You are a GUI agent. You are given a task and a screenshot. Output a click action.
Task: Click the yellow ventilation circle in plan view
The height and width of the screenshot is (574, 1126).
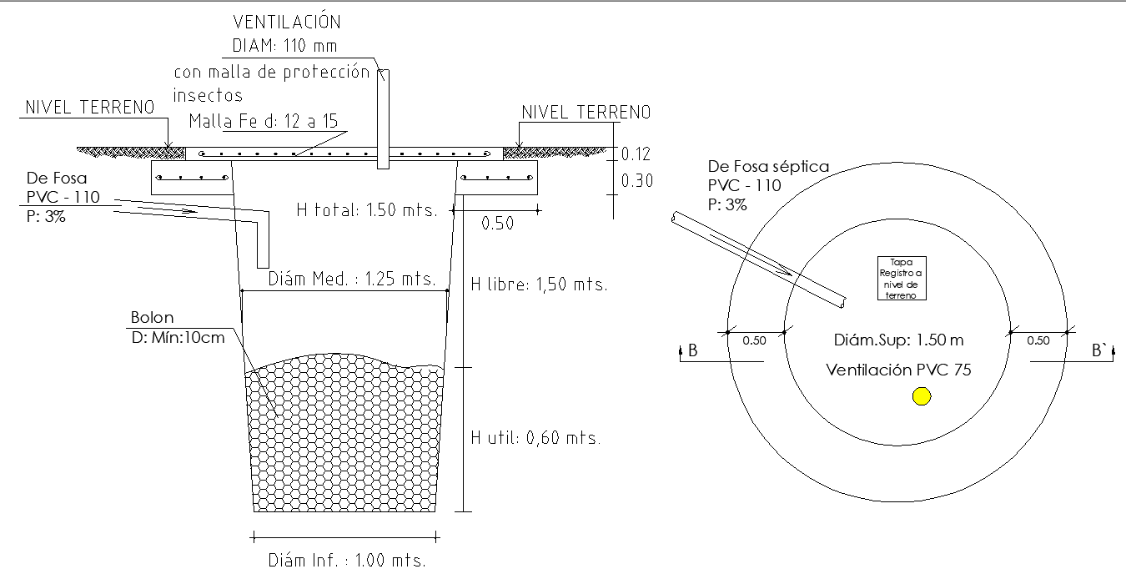click(x=921, y=396)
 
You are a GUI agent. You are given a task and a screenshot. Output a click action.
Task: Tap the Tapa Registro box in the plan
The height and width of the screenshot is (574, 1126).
click(x=902, y=279)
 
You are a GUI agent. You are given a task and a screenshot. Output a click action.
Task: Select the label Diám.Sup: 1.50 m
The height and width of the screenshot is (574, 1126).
click(x=898, y=340)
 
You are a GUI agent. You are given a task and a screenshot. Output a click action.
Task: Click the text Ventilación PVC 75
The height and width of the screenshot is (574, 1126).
click(x=898, y=370)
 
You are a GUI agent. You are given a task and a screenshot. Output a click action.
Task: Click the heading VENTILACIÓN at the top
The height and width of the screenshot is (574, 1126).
click(x=286, y=22)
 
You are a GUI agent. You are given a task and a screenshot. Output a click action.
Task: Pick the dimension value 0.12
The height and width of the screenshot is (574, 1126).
click(x=636, y=154)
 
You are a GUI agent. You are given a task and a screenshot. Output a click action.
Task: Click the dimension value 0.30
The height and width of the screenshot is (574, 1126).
click(x=636, y=181)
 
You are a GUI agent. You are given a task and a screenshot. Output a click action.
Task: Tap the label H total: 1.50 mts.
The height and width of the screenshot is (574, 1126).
click(x=367, y=210)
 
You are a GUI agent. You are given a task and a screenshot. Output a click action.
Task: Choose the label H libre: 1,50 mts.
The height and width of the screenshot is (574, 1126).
click(x=539, y=284)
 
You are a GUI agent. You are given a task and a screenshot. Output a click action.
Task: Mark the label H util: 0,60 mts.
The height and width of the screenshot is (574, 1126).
click(x=535, y=437)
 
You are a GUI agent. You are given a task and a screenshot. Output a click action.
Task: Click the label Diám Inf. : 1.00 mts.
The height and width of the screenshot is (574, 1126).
click(x=347, y=560)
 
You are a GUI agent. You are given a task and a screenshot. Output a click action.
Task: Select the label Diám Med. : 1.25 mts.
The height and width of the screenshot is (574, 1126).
click(x=352, y=279)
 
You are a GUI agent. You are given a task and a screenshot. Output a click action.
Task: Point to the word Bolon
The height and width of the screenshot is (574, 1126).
click(x=153, y=318)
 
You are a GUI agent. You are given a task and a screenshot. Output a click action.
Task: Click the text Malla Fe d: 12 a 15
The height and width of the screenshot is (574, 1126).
click(x=263, y=121)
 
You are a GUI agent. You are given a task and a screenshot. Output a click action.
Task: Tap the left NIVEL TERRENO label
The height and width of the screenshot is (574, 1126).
click(x=90, y=108)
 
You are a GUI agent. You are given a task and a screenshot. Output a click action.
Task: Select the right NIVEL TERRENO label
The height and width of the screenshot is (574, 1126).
click(x=586, y=113)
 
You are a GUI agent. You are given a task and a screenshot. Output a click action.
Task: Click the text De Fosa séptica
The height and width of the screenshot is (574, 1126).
click(x=768, y=167)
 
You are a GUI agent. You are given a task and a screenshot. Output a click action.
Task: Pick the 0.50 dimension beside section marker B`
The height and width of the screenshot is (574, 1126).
click(x=1038, y=340)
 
